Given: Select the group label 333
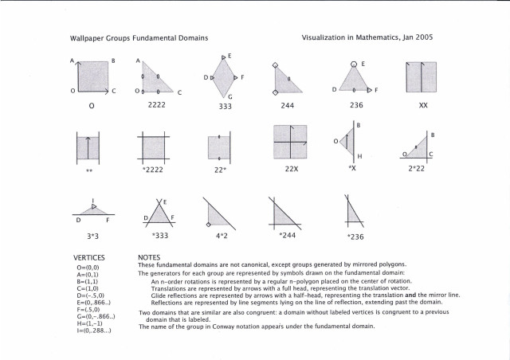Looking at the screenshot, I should [x=225, y=106].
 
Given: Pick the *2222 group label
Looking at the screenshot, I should [x=153, y=170].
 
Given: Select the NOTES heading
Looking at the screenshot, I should [x=150, y=258].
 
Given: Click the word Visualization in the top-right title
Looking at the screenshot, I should [x=327, y=37].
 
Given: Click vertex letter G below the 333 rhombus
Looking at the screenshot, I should [x=230, y=95].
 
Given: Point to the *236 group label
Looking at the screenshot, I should [x=355, y=237].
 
